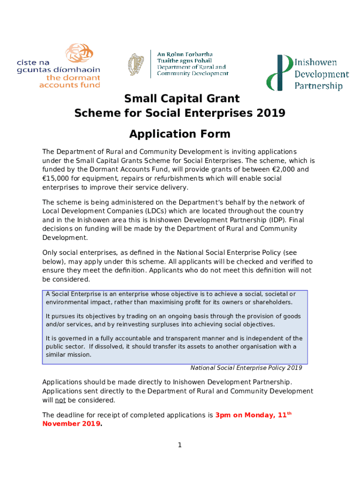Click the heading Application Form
(180, 134)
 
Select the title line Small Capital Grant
(181, 98)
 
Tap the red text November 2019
(71, 423)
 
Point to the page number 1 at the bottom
(180, 445)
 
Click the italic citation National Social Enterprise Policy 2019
(246, 367)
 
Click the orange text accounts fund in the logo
(70, 85)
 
